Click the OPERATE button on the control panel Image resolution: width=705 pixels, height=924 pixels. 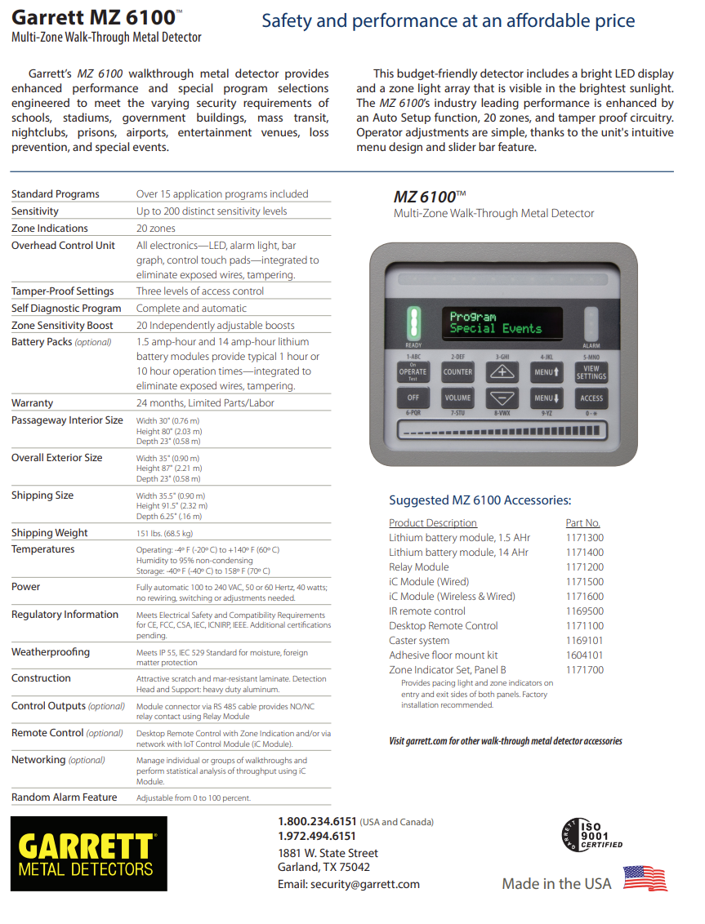(x=413, y=372)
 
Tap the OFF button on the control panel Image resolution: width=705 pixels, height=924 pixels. (x=413, y=398)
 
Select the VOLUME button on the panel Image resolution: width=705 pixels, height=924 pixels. (x=457, y=398)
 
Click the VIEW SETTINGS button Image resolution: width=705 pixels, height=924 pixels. (x=591, y=372)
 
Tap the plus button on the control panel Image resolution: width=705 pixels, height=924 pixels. (x=502, y=372)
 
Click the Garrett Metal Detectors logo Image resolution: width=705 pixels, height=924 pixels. (x=89, y=853)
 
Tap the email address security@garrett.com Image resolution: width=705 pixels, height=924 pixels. (x=349, y=884)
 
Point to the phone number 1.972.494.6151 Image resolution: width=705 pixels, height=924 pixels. (x=317, y=836)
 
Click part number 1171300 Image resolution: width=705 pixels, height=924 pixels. (x=584, y=538)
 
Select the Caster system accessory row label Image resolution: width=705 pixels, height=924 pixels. (x=419, y=641)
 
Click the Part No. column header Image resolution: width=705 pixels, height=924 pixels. (x=582, y=523)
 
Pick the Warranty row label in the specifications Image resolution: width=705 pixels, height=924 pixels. (x=33, y=403)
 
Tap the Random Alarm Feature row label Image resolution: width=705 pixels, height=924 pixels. (x=65, y=797)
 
